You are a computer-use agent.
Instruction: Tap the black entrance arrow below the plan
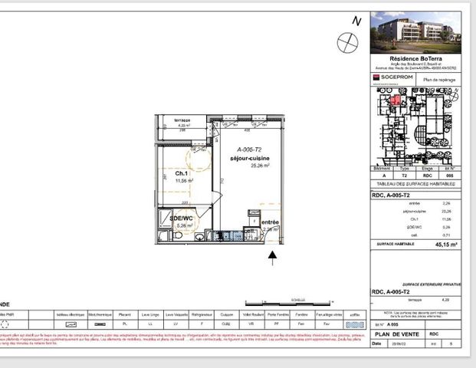(272, 260)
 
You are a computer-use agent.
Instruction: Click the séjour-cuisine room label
(249, 157)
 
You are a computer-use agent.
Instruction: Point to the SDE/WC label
(181, 218)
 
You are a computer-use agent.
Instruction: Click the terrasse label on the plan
(182, 121)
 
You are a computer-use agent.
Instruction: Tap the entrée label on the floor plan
(270, 222)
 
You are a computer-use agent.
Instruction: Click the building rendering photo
(415, 32)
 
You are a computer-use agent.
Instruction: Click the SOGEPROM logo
(393, 77)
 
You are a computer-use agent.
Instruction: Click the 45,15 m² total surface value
(446, 245)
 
